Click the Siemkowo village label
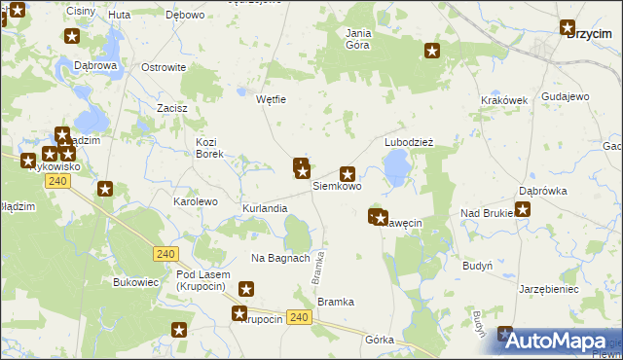coord(337,186)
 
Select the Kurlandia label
coord(265,209)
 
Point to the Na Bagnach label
coord(280,258)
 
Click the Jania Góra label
coord(359,38)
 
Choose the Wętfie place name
coord(270,99)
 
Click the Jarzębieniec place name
coord(549,289)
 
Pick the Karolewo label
coord(195,201)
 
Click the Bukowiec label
coord(135,282)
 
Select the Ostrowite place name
coord(164,67)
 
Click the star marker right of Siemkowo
coord(347,174)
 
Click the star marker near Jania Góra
coord(433,51)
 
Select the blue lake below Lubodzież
coord(396,170)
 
